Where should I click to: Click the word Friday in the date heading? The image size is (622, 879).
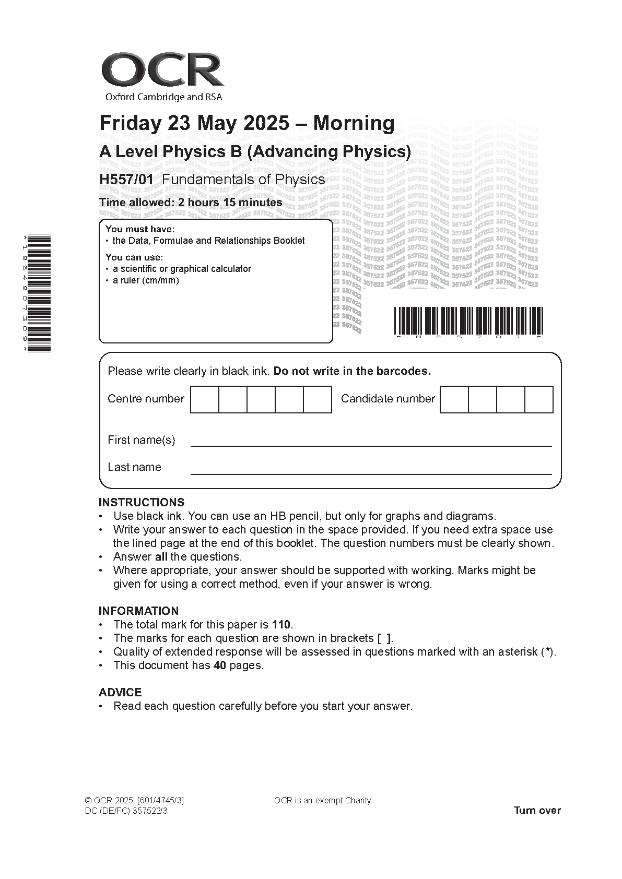pos(131,123)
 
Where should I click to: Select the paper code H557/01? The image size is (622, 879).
pos(126,180)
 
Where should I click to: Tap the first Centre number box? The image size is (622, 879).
pos(204,399)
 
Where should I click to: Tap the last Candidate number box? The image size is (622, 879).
pos(538,399)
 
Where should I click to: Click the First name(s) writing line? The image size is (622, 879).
pos(371,445)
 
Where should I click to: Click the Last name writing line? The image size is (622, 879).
pos(371,472)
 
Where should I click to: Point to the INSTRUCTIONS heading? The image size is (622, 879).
pos(142,502)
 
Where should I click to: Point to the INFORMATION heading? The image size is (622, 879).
pos(138,611)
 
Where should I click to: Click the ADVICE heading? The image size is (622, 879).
pos(120,692)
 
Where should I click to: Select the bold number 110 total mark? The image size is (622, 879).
pos(281,625)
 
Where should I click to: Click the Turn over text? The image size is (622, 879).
pos(537,810)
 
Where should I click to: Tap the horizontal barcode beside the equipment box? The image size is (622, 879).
pos(468,320)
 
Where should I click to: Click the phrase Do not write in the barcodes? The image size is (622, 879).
pos(352,371)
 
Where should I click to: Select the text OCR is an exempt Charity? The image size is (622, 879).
pos(322,801)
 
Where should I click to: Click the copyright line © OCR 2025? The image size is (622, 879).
pos(134,801)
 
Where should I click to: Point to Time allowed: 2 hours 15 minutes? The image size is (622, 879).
pos(191,203)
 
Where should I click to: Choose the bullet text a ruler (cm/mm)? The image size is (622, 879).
pos(146,280)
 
